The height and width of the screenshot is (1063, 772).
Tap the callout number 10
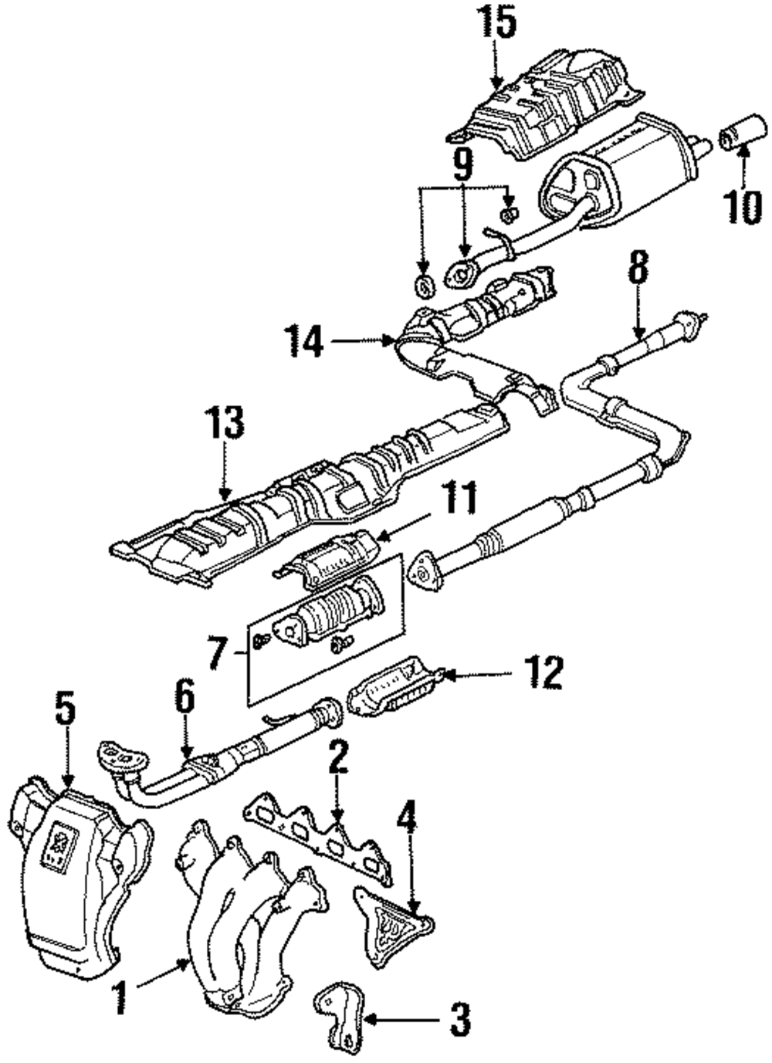[x=743, y=206]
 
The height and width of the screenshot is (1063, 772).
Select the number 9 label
[x=462, y=164]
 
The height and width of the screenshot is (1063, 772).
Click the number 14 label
[x=304, y=340]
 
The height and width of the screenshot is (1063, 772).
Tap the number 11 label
[x=458, y=498]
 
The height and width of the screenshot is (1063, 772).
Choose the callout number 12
[x=543, y=672]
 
